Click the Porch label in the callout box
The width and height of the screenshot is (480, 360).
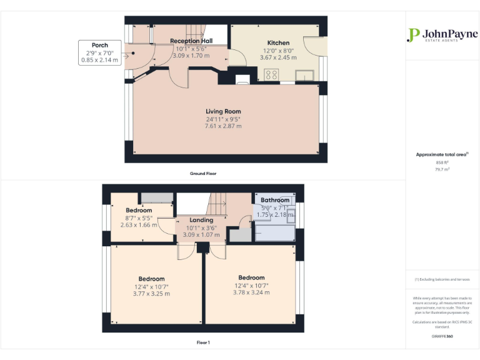[99, 45]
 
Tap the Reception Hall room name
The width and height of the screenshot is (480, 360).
[191, 41]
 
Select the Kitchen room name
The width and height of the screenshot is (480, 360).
[278, 43]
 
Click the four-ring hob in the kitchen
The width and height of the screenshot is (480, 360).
[272, 74]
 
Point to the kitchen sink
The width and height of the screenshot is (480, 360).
[305, 76]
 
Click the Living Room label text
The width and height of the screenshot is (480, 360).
[223, 111]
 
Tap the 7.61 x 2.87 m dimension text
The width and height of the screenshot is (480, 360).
[223, 126]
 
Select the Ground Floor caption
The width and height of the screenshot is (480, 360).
[203, 173]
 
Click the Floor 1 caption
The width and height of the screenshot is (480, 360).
[203, 342]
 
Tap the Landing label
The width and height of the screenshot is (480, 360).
[201, 220]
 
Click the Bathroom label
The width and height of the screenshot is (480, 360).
[275, 200]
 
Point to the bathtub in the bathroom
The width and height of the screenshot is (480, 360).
[276, 232]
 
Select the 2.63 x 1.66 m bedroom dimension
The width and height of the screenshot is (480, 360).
[139, 225]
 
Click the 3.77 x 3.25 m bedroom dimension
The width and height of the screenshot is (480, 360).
[151, 294]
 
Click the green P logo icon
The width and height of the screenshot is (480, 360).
[413, 35]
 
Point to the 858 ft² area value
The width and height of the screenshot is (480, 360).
[442, 162]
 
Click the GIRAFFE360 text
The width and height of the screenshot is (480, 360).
[442, 337]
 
